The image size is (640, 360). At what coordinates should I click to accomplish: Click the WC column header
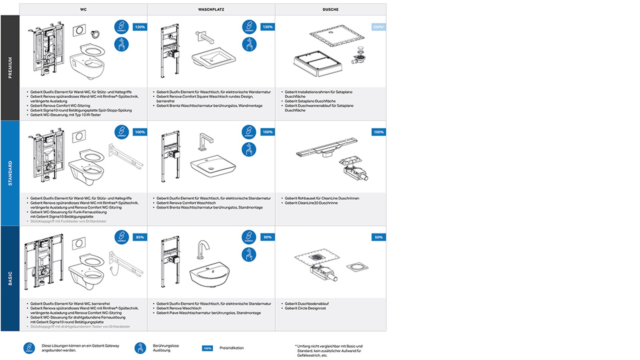click(x=83, y=9)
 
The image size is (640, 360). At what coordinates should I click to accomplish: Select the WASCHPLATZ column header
click(x=211, y=9)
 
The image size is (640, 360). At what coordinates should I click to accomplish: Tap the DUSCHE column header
click(x=330, y=9)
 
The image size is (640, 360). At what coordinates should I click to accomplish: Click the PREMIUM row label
click(x=10, y=68)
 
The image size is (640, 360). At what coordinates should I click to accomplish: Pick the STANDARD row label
click(x=10, y=173)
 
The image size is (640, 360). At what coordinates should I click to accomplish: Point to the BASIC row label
click(x=10, y=278)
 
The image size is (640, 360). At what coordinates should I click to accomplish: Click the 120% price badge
click(x=140, y=27)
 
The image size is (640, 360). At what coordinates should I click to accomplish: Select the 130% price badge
click(x=268, y=27)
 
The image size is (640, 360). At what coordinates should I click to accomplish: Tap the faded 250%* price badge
click(x=378, y=27)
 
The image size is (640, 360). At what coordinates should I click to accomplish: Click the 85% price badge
click(x=140, y=237)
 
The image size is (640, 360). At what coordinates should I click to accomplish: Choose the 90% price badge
click(x=268, y=237)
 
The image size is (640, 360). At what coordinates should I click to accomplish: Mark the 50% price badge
click(x=378, y=237)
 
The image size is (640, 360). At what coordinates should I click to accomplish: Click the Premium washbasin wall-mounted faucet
click(x=204, y=37)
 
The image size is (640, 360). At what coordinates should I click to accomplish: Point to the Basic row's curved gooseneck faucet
click(x=203, y=250)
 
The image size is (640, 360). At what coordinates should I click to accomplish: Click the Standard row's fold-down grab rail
click(x=126, y=157)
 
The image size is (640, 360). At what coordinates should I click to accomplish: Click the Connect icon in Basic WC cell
click(x=122, y=237)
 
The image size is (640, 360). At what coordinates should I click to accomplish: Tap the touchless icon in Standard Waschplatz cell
click(x=249, y=150)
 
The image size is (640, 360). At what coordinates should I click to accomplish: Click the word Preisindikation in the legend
click(x=231, y=348)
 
